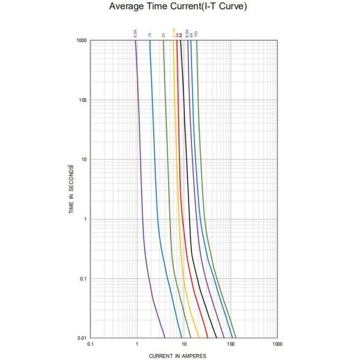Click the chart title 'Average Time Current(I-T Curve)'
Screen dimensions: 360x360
pyautogui.click(x=178, y=7)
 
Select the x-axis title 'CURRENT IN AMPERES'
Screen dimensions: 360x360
pyautogui.click(x=178, y=356)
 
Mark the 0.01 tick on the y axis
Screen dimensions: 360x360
pyautogui.click(x=81, y=338)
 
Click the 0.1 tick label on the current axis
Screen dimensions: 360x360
pyautogui.click(x=91, y=344)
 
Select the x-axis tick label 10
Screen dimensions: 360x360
pyautogui.click(x=184, y=344)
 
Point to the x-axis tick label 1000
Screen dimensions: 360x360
pyautogui.click(x=277, y=344)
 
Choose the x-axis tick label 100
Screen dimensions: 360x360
pyautogui.click(x=231, y=344)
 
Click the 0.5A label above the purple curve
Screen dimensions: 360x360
pyautogui.click(x=136, y=34)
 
